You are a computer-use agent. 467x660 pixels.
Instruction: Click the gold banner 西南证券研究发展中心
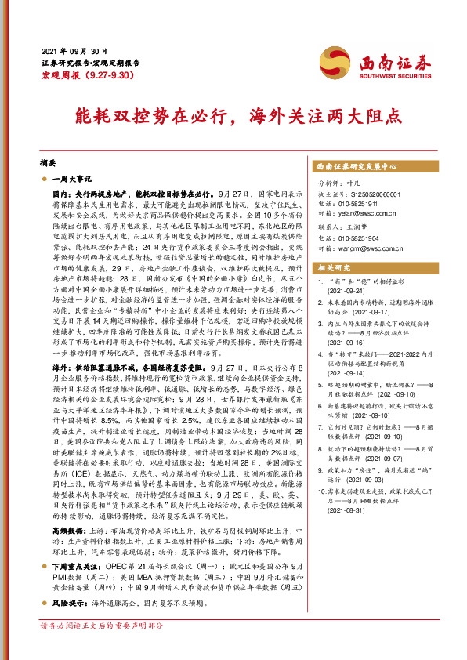coord(357,167)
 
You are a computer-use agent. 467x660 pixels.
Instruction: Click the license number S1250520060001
coord(371,194)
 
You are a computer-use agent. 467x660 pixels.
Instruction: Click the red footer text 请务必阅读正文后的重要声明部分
coord(102,648)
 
